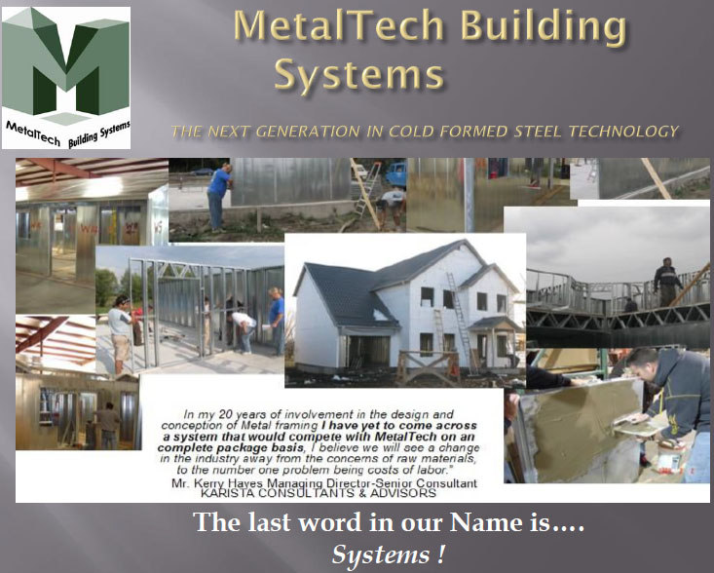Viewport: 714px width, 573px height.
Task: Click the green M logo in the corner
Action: point(65,68)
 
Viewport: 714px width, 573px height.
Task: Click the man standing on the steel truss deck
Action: point(667,282)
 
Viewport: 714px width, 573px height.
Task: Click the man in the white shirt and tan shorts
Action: point(120,331)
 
